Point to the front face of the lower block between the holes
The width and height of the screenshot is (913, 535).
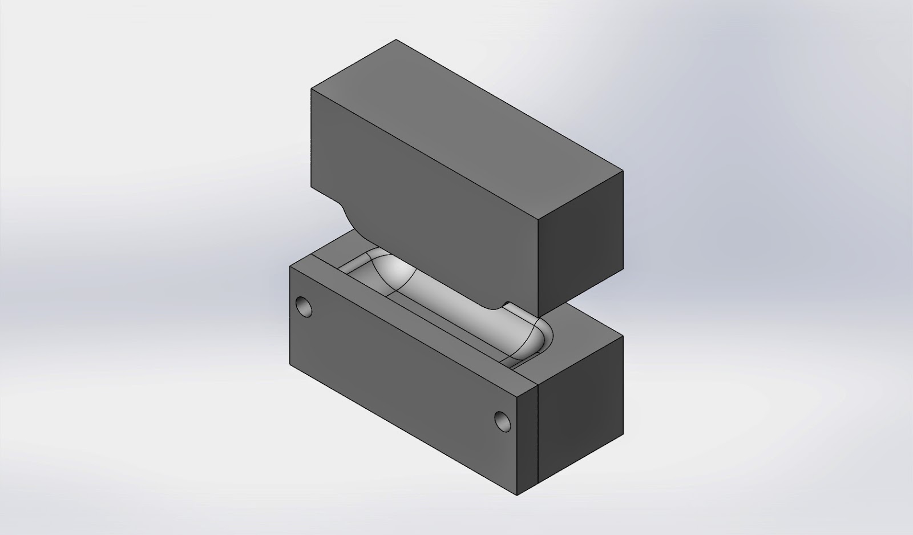402,365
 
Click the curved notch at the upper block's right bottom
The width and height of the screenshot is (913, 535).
502,308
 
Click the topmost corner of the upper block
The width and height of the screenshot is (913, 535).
396,39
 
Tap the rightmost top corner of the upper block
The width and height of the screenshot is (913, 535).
623,170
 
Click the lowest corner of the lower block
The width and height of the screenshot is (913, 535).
517,494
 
